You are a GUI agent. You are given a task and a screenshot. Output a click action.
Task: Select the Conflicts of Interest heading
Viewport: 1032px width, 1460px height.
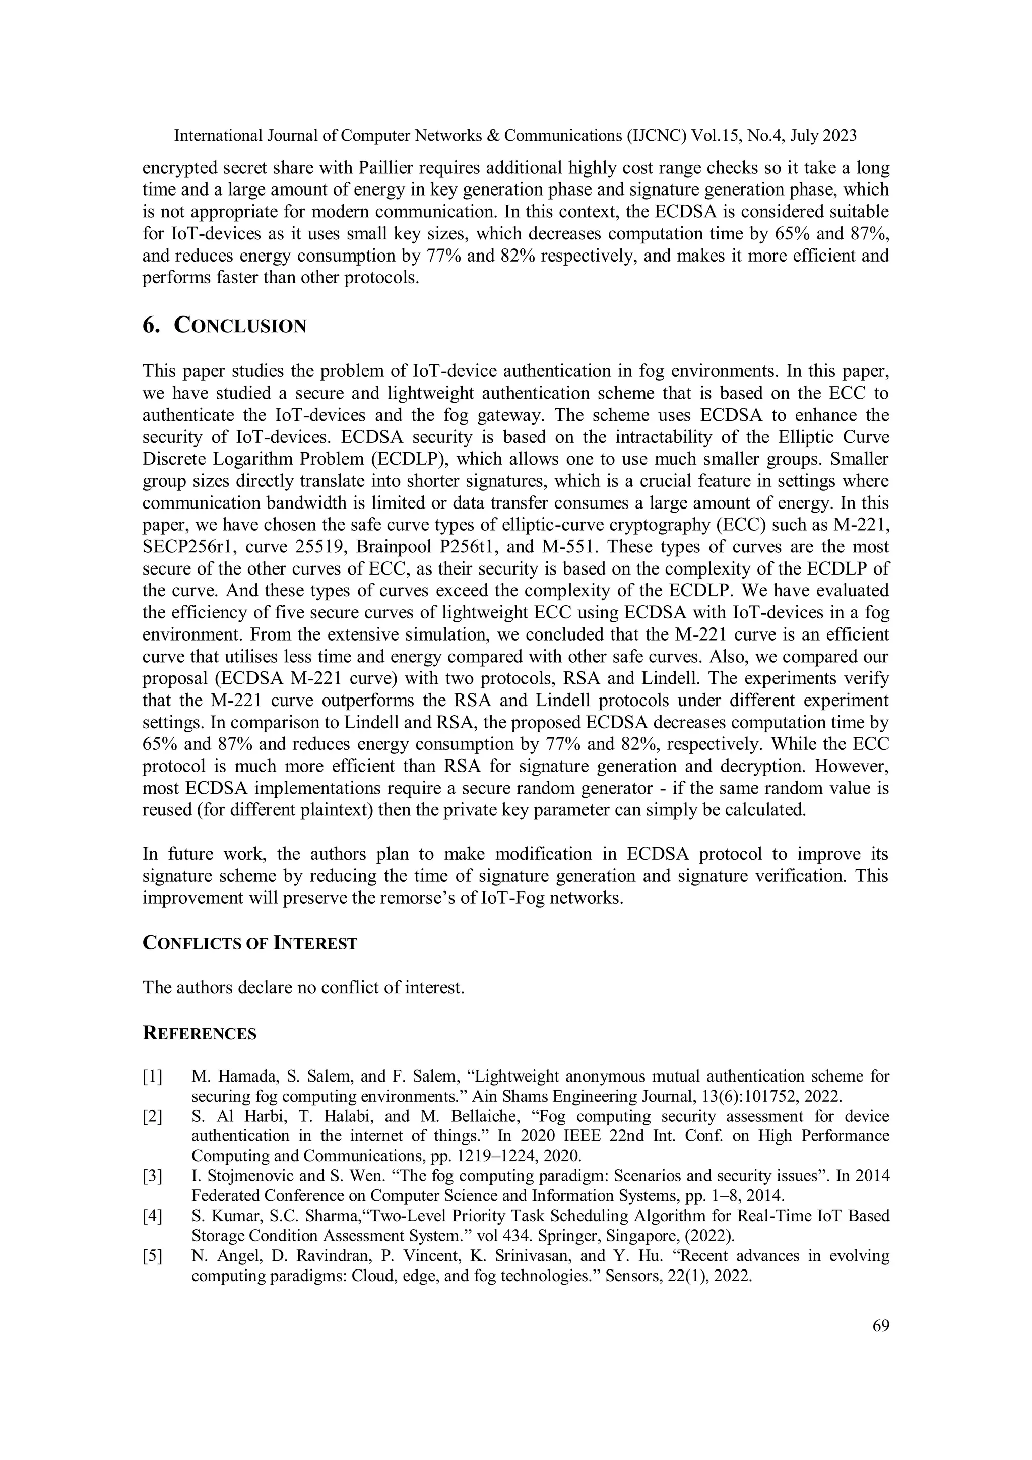click(250, 943)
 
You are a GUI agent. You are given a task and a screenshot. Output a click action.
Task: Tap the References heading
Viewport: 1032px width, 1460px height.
click(200, 1033)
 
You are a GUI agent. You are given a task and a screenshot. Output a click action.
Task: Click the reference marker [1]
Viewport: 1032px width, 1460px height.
click(153, 1076)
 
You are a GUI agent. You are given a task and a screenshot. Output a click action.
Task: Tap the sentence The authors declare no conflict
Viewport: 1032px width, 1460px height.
click(303, 988)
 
